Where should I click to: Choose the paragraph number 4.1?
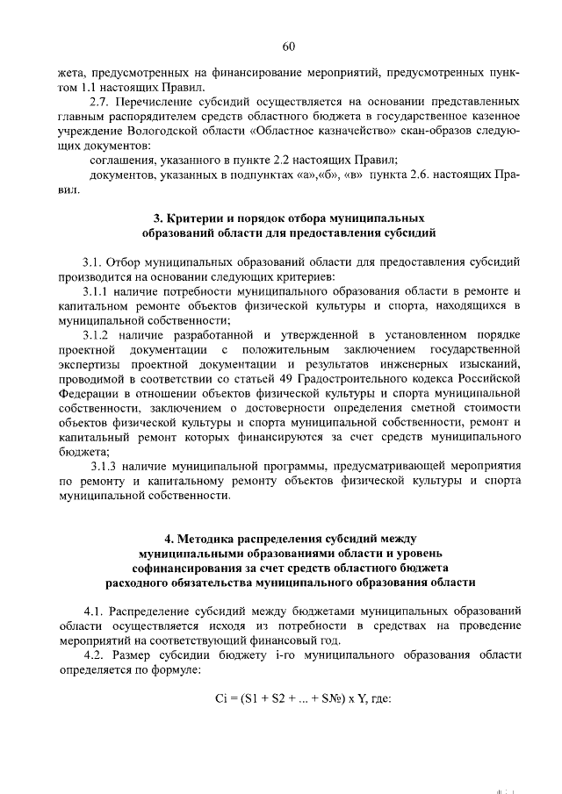[96, 609]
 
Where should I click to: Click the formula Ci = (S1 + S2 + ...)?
[290, 699]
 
